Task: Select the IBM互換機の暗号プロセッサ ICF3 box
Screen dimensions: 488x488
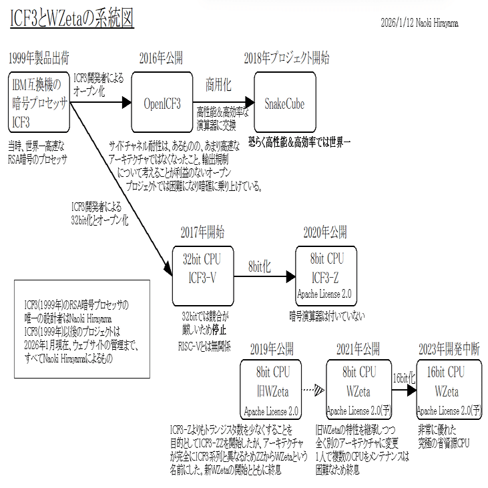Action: (x=39, y=102)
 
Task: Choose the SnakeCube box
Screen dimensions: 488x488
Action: (x=284, y=103)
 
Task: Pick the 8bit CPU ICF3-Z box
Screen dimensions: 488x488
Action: (x=326, y=276)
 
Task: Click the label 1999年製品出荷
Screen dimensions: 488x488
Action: (x=39, y=57)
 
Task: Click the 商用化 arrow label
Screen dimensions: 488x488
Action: (x=218, y=85)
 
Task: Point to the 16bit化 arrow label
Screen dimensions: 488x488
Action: (x=404, y=377)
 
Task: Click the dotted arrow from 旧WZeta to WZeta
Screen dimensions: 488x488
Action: (x=311, y=390)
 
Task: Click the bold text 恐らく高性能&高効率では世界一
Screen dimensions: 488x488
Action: (x=299, y=142)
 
